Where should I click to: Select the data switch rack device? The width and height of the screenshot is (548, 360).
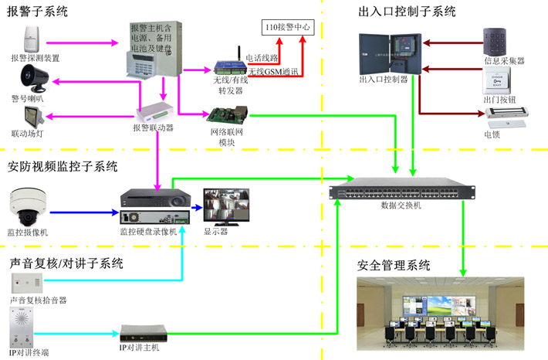tap(401, 192)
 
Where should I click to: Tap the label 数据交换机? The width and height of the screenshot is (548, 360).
tap(401, 207)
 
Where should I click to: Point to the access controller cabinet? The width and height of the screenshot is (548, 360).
tap(390, 53)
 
